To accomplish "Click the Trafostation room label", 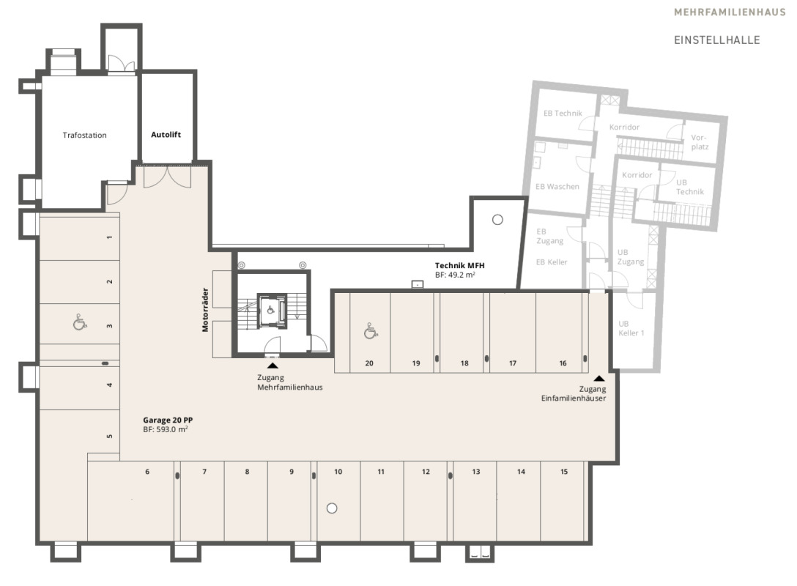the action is [x=84, y=136].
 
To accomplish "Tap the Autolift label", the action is [x=166, y=135].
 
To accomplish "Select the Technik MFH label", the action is [x=459, y=265].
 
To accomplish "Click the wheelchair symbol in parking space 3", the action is [x=79, y=322].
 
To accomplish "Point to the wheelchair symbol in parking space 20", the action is [x=371, y=331].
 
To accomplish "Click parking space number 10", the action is [x=338, y=472].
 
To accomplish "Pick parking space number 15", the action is [x=564, y=472].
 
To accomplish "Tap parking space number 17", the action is [x=512, y=363].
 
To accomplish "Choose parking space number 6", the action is [x=147, y=472].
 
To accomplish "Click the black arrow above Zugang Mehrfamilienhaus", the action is [x=273, y=365].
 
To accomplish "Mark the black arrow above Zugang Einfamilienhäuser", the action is [x=599, y=378].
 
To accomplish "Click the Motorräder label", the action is [x=205, y=310].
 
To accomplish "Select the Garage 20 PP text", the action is [x=168, y=420].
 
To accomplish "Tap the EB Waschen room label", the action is [x=557, y=187].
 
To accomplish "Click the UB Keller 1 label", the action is [x=631, y=328].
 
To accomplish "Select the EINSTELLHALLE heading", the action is [x=716, y=40].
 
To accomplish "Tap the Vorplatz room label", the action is [x=700, y=142].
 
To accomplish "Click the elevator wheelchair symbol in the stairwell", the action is [x=271, y=310].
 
